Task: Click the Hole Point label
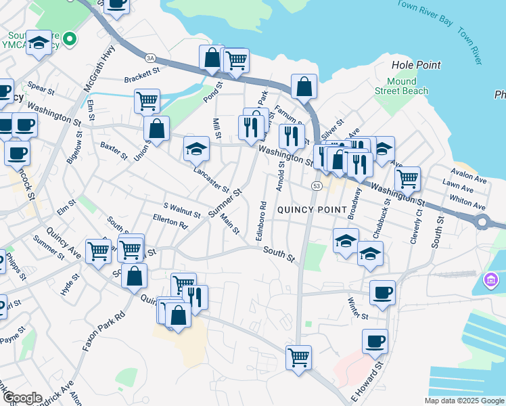416,66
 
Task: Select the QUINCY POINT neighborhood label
312,210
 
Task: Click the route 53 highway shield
316,185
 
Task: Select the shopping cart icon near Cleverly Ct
407,179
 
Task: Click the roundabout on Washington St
482,221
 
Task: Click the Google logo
22,398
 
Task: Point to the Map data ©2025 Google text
463,401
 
